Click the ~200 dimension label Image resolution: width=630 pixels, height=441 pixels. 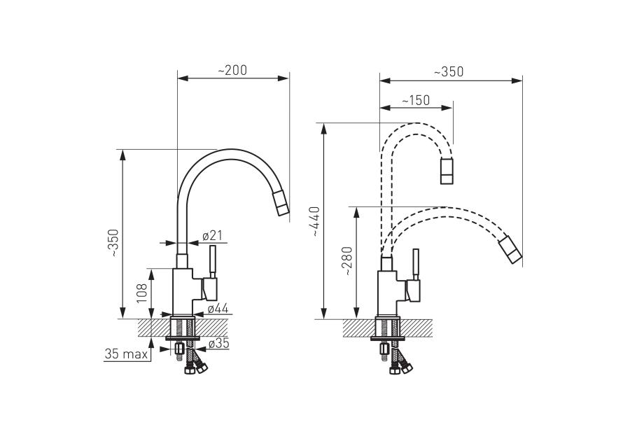[x=232, y=70]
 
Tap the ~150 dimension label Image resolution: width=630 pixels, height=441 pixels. [x=415, y=100]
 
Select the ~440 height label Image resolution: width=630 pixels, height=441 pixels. [x=314, y=221]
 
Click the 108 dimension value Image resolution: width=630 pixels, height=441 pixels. [x=142, y=293]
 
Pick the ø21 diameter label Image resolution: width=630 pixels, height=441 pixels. [x=213, y=235]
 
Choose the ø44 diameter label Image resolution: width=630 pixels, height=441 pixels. [x=218, y=309]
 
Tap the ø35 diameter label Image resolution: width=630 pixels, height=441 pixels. [x=219, y=343]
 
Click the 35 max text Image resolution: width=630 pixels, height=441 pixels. [x=126, y=354]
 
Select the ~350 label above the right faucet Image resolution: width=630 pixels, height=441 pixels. [x=449, y=71]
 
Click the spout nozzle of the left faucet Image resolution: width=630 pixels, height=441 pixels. [x=281, y=204]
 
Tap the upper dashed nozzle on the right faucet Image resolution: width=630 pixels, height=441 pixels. [x=447, y=171]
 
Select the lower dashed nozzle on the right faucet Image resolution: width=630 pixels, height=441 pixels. [x=510, y=250]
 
